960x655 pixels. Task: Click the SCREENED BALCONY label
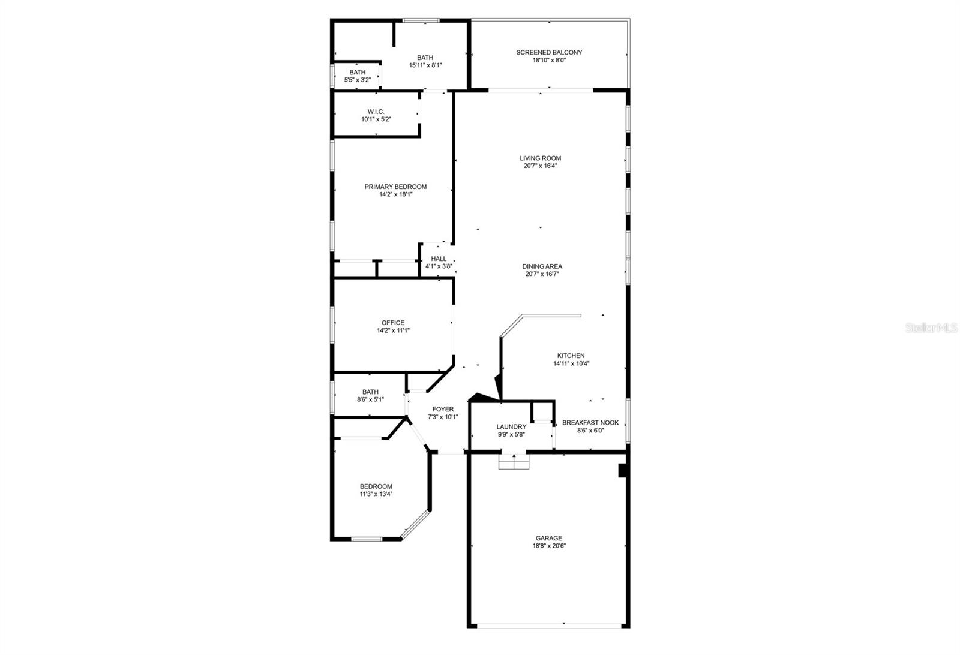tap(549, 52)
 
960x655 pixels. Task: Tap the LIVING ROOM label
tap(540, 158)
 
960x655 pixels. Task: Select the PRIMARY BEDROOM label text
tap(395, 187)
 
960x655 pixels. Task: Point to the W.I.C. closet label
tap(376, 112)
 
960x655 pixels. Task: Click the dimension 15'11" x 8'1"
tap(425, 65)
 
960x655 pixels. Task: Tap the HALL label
tap(439, 259)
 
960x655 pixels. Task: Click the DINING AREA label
tap(542, 266)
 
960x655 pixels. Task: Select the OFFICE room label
tap(393, 323)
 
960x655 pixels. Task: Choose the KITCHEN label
tap(571, 356)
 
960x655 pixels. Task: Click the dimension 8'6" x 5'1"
tap(370, 399)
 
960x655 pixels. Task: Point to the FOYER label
tap(443, 410)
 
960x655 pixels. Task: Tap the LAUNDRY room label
tap(511, 427)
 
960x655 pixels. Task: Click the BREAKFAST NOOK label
tap(590, 423)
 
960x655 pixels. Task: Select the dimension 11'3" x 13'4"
tap(376, 494)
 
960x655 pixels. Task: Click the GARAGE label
tap(549, 538)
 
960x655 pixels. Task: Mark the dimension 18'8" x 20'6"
tap(549, 546)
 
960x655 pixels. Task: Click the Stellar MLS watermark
tap(932, 328)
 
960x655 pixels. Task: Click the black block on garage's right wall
tap(623, 471)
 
